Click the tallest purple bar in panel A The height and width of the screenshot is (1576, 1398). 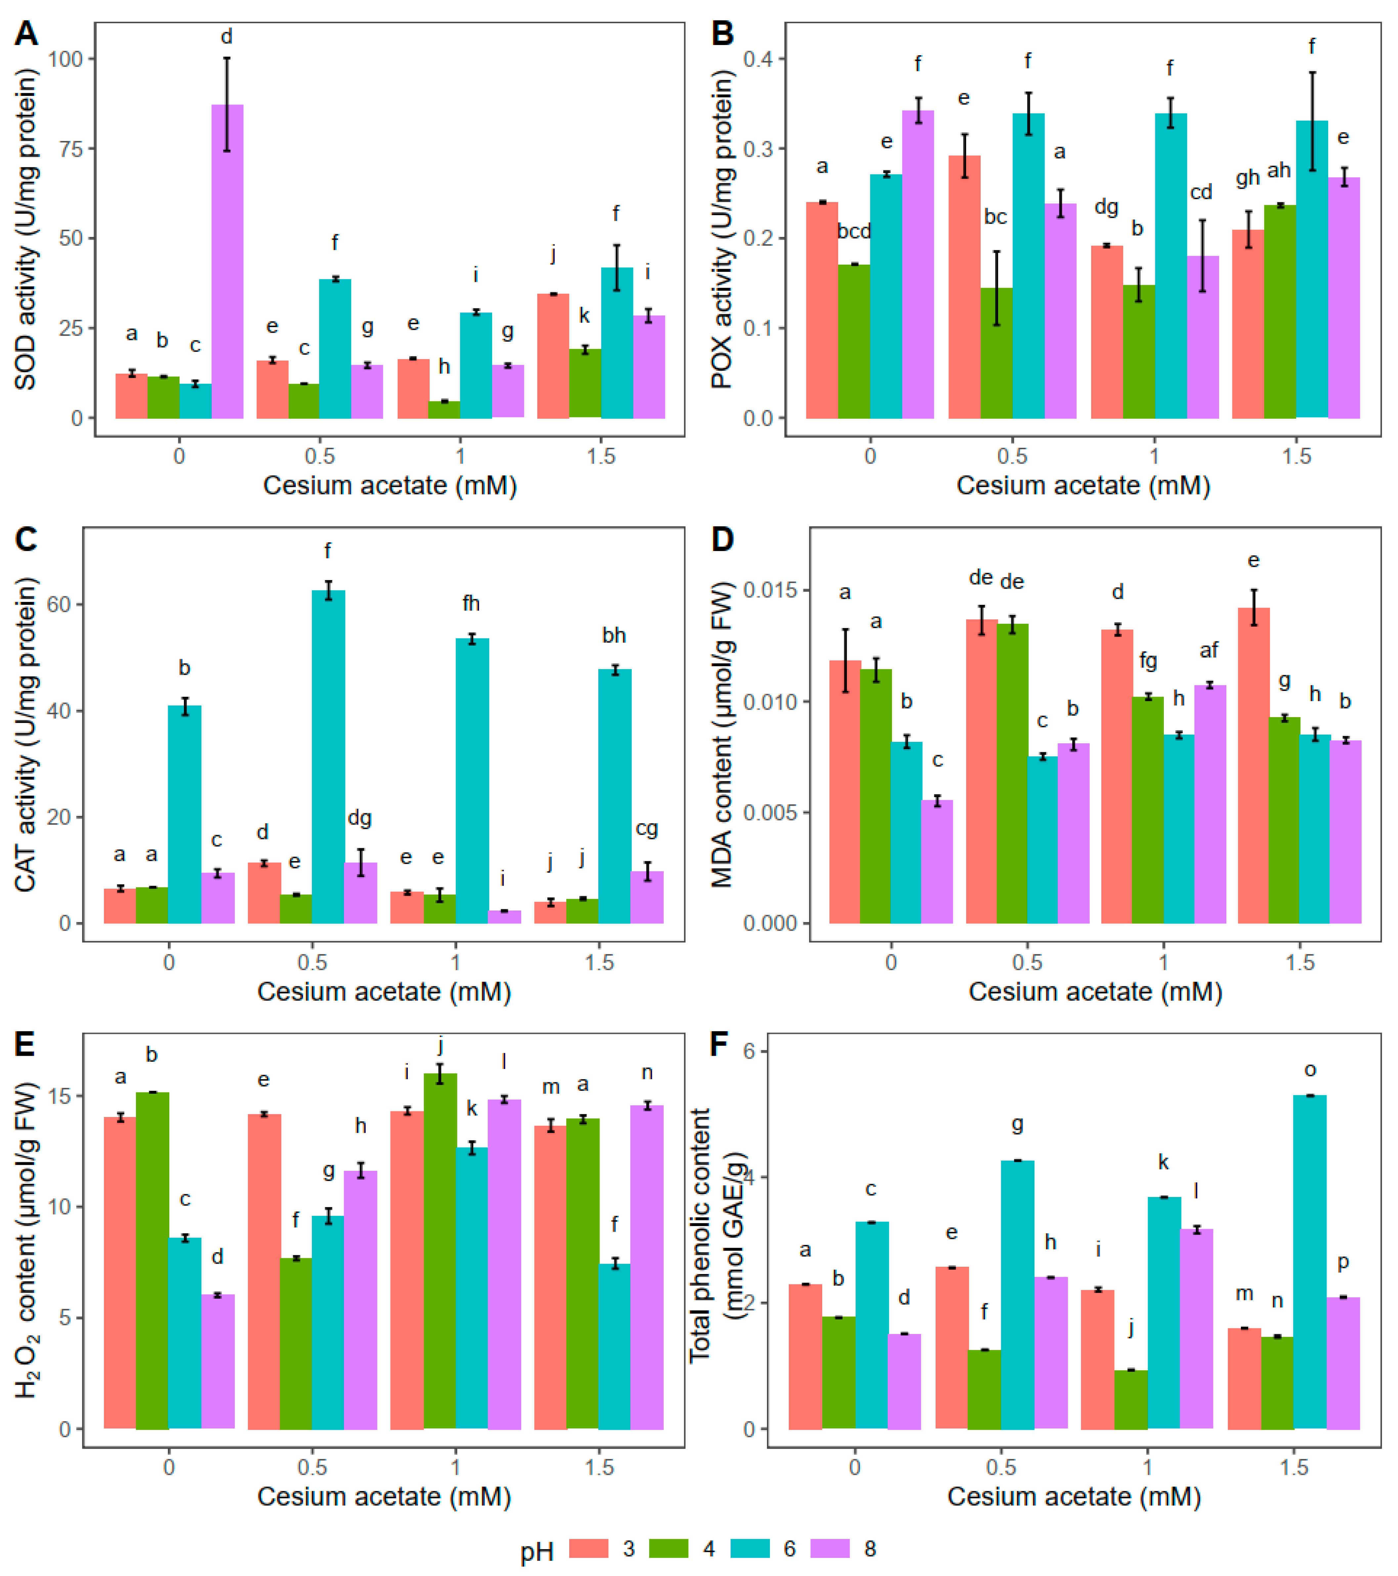click(228, 262)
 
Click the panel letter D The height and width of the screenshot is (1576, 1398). click(723, 540)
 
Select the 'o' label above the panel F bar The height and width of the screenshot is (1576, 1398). click(1310, 1070)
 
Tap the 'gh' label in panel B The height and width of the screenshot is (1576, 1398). click(1248, 178)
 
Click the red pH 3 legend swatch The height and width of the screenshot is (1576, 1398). click(588, 1548)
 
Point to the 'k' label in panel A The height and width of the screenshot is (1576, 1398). click(584, 315)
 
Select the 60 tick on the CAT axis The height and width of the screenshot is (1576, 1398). click(60, 605)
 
